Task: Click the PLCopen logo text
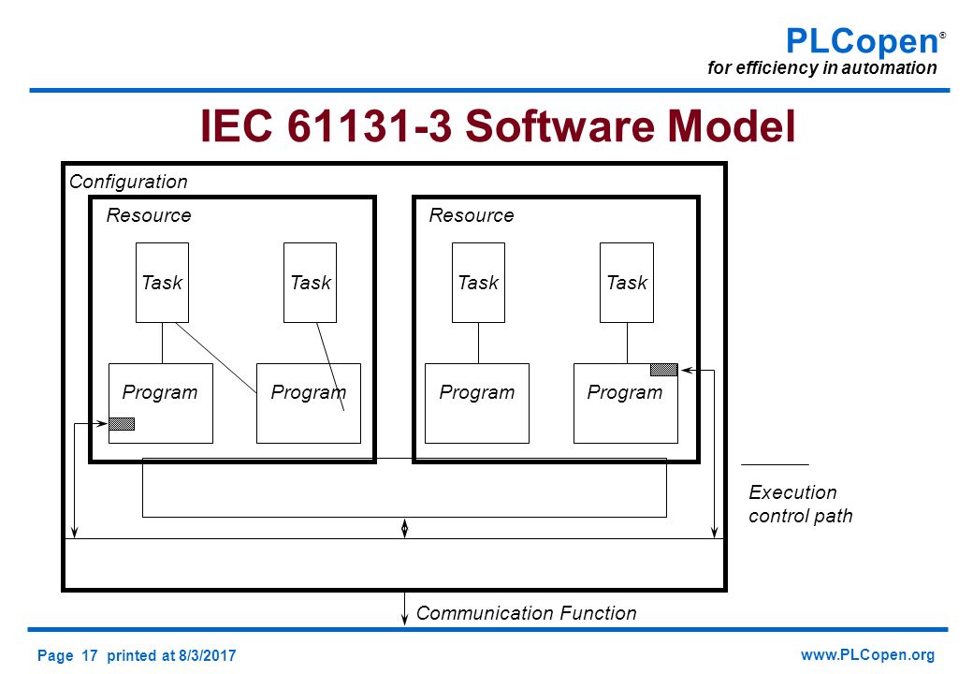click(863, 41)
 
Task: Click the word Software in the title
click(559, 125)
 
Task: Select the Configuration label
click(128, 182)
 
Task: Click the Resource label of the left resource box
click(149, 215)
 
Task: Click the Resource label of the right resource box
click(472, 215)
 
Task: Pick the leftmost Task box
click(162, 283)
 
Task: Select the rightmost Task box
click(627, 283)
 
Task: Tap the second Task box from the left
click(311, 283)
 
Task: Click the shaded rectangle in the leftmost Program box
click(122, 424)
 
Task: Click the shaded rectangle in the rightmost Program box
click(664, 370)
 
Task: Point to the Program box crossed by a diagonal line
click(309, 403)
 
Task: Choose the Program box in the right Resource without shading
click(477, 403)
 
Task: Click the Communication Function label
click(526, 613)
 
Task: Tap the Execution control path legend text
click(801, 504)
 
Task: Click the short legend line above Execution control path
click(775, 464)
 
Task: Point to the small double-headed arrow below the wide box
click(404, 528)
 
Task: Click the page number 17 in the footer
click(90, 655)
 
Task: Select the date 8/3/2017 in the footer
click(208, 655)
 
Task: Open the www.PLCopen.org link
click(867, 655)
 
